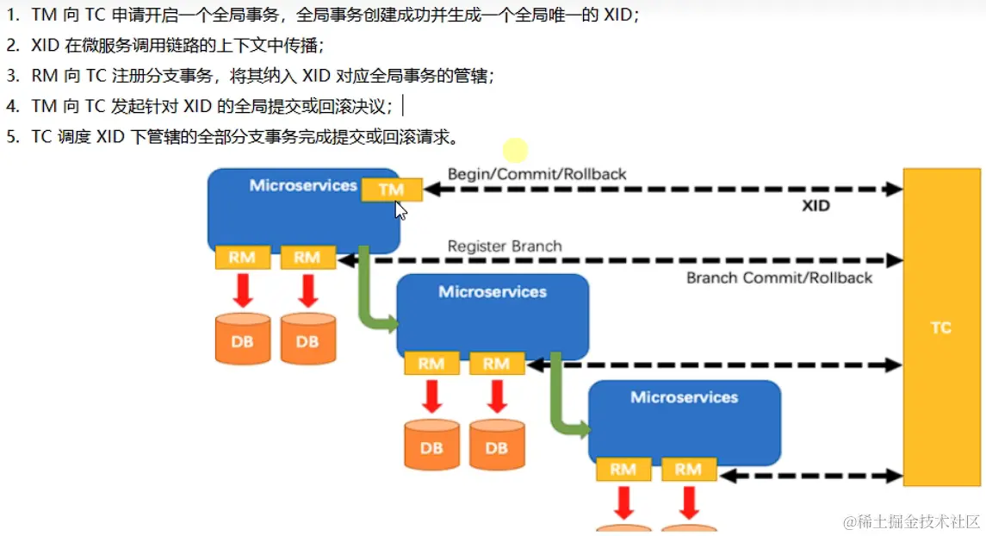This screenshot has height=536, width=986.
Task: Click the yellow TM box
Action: coord(391,190)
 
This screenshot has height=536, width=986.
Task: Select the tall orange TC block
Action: coord(940,327)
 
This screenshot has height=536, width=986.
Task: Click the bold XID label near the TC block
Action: coord(815,206)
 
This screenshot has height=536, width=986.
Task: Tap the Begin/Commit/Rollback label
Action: coord(536,174)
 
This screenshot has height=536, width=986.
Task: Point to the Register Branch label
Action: coord(505,246)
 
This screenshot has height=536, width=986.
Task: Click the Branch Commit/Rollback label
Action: coord(778,277)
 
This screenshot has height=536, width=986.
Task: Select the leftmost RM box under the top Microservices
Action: coord(242,257)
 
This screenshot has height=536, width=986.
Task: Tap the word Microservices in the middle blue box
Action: coord(492,292)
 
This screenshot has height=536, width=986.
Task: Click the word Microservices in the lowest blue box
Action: coord(684,397)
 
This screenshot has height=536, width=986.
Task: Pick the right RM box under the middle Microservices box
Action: coord(496,364)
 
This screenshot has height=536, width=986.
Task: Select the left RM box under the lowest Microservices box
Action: coord(623,470)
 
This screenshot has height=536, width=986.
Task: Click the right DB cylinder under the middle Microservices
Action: coord(496,446)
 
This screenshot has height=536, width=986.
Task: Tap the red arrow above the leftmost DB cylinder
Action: coord(243,290)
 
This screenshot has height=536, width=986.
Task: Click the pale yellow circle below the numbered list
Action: coord(515,151)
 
